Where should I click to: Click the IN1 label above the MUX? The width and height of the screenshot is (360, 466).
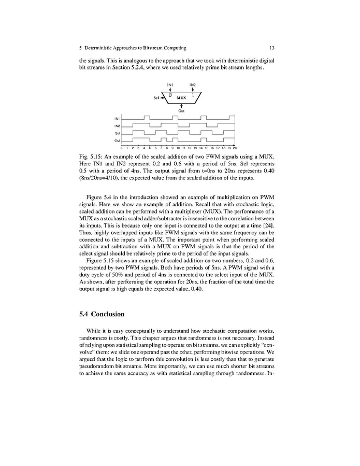tap(169, 84)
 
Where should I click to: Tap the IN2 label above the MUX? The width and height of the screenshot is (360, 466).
tap(192, 84)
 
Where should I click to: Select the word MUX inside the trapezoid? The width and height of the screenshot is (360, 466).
tap(181, 97)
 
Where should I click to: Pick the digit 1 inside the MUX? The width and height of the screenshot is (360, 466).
tap(193, 95)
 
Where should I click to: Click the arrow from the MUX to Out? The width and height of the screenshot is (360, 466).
tap(181, 105)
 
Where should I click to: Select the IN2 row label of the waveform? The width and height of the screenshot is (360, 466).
tap(117, 126)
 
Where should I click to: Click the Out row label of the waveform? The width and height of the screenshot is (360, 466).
tap(117, 140)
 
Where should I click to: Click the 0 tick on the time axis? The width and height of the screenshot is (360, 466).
tap(122, 148)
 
